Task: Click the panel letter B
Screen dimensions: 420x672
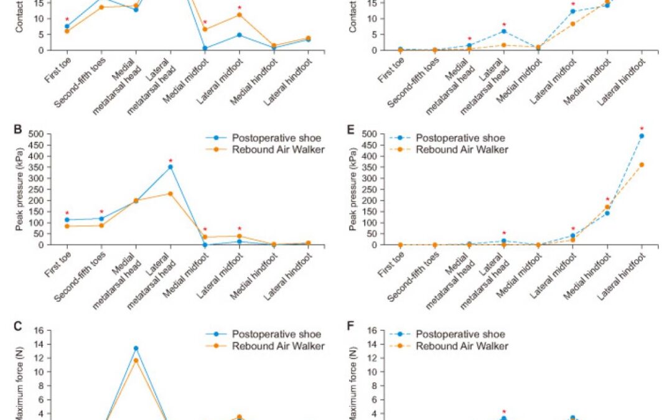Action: [x=17, y=131]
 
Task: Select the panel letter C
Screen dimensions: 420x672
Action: [x=17, y=326]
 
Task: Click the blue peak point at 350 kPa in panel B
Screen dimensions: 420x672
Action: [x=170, y=167]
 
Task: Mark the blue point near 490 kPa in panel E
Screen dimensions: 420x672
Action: [x=642, y=136]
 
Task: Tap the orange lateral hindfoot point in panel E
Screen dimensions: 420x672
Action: [x=642, y=165]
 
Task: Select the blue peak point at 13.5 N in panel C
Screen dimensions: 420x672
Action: [x=136, y=348]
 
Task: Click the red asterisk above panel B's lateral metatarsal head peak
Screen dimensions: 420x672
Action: [x=170, y=160]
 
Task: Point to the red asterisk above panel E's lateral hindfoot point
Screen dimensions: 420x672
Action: [x=642, y=129]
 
